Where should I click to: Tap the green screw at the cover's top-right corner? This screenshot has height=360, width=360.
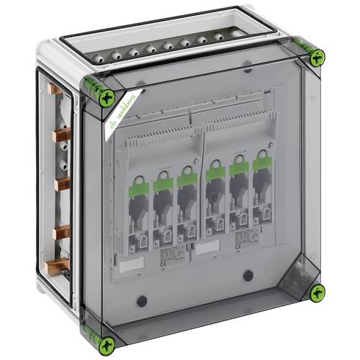point(317,58)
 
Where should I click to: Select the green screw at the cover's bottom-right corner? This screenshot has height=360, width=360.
point(317,292)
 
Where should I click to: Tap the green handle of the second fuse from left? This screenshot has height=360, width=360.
point(163,181)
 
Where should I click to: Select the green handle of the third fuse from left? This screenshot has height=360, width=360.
point(186,176)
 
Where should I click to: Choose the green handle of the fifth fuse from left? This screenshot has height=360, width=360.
point(238,167)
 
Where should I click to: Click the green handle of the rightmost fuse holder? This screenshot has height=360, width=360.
point(261,163)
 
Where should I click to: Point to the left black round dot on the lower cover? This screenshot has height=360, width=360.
point(141,300)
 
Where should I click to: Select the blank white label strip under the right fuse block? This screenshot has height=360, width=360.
point(208,246)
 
